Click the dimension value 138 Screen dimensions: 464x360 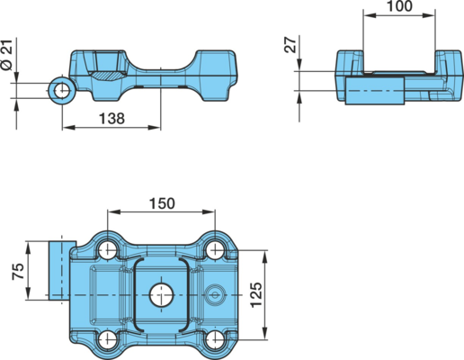[112, 119]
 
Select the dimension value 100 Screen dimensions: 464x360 [399, 6]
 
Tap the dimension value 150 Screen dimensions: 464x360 [162, 203]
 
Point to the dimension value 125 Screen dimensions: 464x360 [256, 294]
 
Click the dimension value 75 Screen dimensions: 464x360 [18, 271]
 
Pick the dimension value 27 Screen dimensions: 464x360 [290, 45]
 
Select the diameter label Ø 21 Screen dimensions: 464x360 [6, 55]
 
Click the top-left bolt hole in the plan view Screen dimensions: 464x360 [107, 249]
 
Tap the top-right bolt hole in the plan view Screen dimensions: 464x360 [215, 249]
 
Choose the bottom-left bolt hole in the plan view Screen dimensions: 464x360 [107, 339]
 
